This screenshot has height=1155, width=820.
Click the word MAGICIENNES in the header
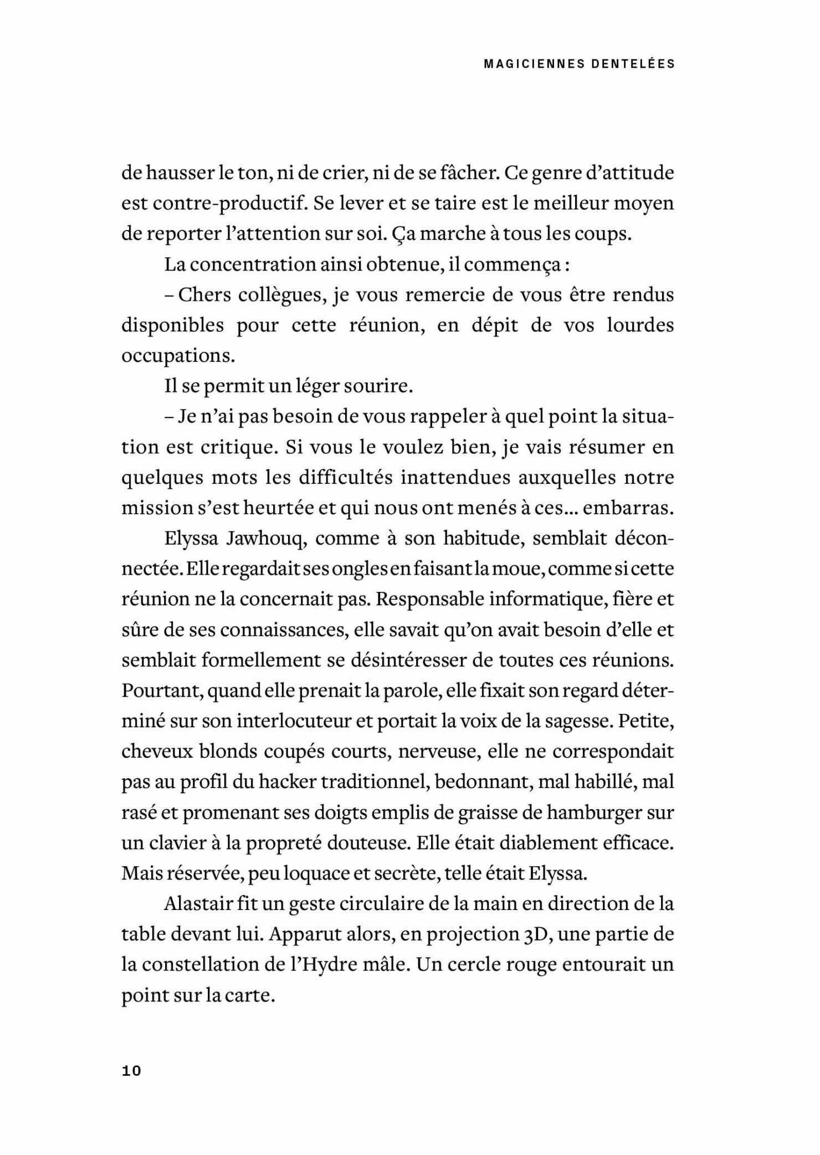point(532,64)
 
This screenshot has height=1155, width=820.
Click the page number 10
point(132,1071)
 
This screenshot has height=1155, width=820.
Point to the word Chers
point(204,295)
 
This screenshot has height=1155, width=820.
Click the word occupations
point(178,356)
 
